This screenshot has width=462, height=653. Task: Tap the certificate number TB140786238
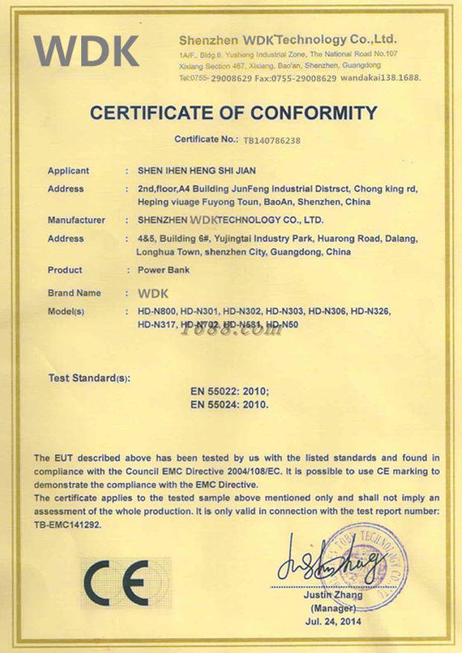[x=272, y=139]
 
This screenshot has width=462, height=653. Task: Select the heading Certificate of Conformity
[x=234, y=113]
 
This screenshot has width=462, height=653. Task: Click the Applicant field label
[x=68, y=171]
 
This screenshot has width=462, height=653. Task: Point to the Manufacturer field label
[x=76, y=220]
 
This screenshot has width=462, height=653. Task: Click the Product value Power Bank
[x=158, y=270]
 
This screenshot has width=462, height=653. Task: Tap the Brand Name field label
[x=74, y=293]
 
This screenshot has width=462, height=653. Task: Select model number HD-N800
[x=157, y=310]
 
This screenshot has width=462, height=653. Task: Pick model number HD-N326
[x=370, y=310]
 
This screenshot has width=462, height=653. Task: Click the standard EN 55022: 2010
[x=231, y=392]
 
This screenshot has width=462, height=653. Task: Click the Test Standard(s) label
[x=89, y=378]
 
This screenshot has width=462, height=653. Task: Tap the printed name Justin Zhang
[x=333, y=595]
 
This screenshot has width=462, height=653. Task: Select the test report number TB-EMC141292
[x=67, y=524]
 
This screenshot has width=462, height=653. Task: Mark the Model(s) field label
[x=65, y=310]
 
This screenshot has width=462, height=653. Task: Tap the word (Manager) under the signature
[x=333, y=608]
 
